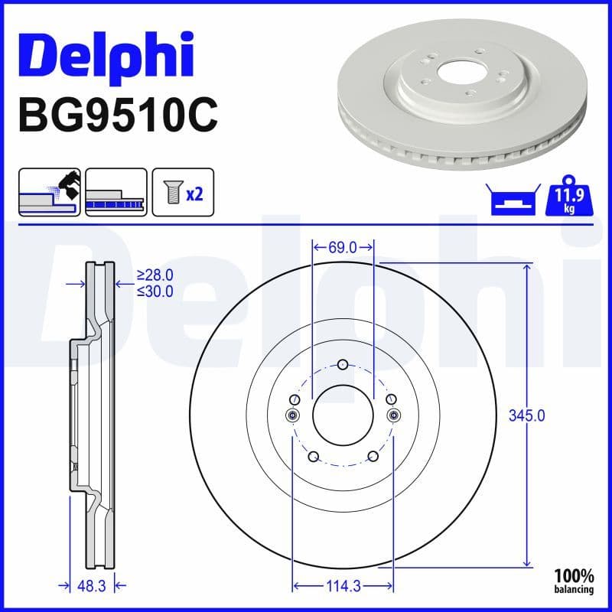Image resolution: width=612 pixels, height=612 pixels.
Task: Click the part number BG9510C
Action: coord(118,116)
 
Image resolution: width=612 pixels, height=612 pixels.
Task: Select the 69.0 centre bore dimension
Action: coord(343,246)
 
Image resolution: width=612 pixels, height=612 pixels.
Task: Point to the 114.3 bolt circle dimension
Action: coord(343,588)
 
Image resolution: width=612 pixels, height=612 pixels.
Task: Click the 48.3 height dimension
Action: coord(91,586)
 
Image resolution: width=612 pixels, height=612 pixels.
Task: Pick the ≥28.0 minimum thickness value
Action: coord(155,275)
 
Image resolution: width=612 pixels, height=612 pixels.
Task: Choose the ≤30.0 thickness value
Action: coord(155,291)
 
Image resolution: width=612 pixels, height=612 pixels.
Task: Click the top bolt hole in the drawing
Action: coord(343,364)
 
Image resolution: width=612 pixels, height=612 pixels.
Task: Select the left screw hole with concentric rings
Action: coord(291,415)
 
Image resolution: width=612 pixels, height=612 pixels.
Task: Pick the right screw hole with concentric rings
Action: coord(394,415)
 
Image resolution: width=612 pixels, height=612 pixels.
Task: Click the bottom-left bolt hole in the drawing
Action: coord(312,457)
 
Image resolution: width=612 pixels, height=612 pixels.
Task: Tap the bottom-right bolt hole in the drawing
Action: coord(373,457)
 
